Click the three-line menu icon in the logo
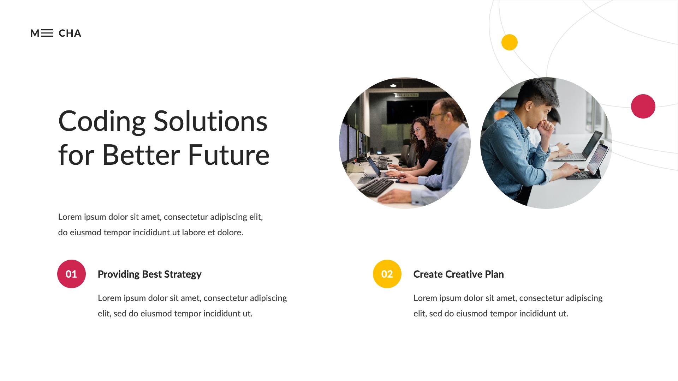[x=47, y=33]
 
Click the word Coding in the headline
[x=102, y=122]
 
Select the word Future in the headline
[x=228, y=155]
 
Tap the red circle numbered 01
[x=71, y=274]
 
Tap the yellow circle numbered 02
[x=387, y=274]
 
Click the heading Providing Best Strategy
[x=149, y=274]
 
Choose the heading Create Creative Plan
[x=458, y=274]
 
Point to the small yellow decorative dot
[x=509, y=42]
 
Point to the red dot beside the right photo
[x=643, y=106]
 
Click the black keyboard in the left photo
[x=376, y=186]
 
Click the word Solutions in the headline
[x=210, y=122]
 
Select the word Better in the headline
[x=141, y=155]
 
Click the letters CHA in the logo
[x=70, y=33]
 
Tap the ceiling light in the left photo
[x=393, y=86]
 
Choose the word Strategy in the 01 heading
[x=183, y=274]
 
